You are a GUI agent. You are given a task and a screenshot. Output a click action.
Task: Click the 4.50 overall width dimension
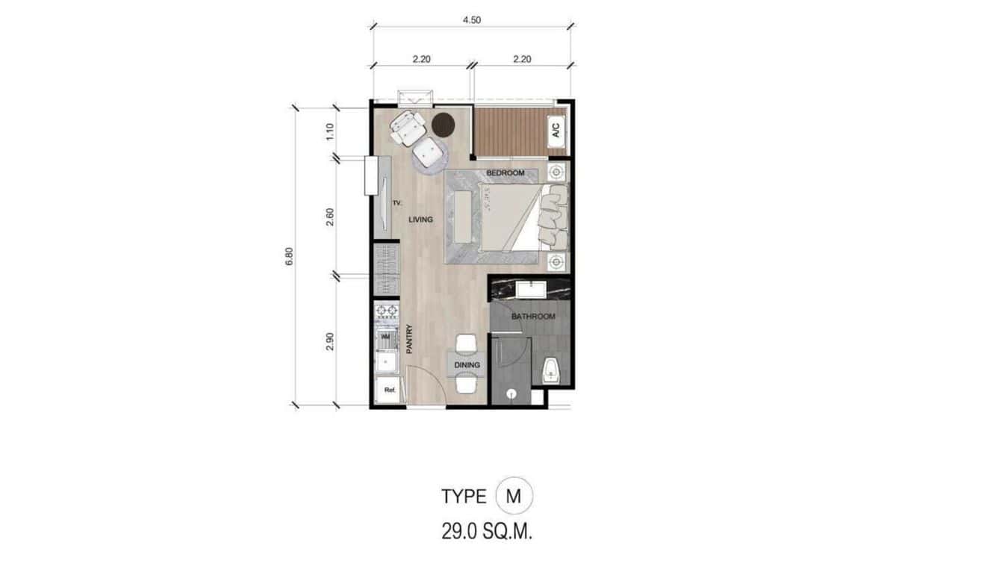tap(471, 21)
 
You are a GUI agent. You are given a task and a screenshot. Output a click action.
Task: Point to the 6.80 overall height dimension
tap(290, 256)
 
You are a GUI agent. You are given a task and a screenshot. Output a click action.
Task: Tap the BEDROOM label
tap(505, 173)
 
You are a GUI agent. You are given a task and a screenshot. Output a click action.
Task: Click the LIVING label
tap(420, 220)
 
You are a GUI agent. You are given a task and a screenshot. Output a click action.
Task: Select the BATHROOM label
tap(533, 317)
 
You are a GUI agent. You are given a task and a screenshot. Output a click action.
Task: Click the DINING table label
tap(467, 365)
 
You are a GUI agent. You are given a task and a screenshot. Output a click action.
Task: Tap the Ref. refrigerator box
tap(389, 390)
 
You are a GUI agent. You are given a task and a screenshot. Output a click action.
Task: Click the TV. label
tap(398, 203)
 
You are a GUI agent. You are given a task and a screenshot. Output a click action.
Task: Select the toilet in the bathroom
tap(551, 370)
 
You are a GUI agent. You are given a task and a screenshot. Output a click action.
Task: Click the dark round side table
tap(443, 124)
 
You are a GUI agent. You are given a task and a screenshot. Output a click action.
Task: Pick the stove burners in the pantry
tap(387, 311)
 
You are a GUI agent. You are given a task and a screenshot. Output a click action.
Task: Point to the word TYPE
tap(464, 497)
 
